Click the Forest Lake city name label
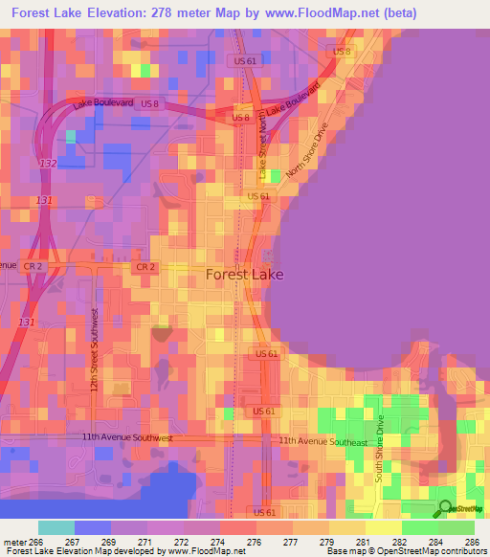click(244, 275)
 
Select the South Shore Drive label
click(379, 449)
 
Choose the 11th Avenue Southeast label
click(323, 441)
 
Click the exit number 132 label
click(48, 164)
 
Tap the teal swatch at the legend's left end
click(56, 527)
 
